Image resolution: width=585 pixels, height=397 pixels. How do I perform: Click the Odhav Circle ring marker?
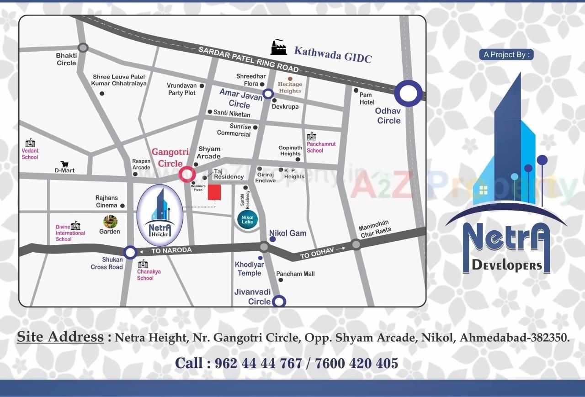tap(409, 94)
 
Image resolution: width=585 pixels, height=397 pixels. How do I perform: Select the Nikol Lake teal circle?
tap(248, 219)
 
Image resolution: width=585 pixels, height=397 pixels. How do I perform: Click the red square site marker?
tap(214, 192)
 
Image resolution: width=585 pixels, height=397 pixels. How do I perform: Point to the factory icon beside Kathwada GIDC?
tap(278, 47)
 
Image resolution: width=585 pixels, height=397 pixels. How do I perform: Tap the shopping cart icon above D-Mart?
tap(64, 164)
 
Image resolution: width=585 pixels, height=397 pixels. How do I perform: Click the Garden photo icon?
tap(110, 222)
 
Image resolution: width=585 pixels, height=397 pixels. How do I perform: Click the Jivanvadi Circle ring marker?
tap(279, 302)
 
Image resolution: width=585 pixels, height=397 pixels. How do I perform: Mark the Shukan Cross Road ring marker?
tap(130, 252)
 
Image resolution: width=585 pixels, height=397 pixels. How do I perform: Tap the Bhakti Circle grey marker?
tap(83, 48)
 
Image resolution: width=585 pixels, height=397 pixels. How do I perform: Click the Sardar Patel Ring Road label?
tap(249, 59)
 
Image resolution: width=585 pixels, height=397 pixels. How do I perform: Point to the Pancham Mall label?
tap(295, 274)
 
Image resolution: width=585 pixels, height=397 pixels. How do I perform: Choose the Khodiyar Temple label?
tap(249, 269)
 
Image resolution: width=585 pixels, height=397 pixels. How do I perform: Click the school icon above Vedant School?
tap(30, 143)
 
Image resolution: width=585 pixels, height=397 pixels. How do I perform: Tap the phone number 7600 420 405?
tap(356, 363)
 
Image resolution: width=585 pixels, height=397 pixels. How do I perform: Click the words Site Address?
tap(60, 337)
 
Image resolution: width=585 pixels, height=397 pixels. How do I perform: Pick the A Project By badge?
tap(506, 54)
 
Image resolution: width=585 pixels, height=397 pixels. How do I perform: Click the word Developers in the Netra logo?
tap(506, 265)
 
